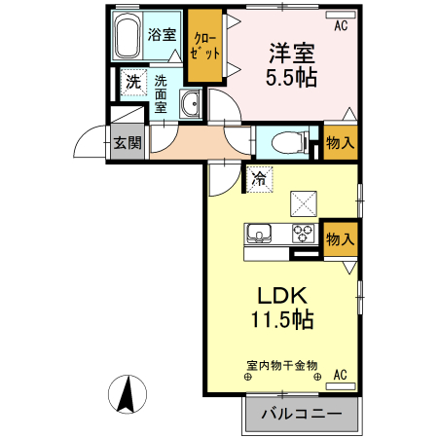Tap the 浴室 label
coord(162,35)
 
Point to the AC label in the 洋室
coord(341,26)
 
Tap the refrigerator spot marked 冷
coord(259,178)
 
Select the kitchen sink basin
coord(260,235)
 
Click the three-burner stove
coord(304,235)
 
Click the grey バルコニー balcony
coord(302,414)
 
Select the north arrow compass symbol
coord(127,393)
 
